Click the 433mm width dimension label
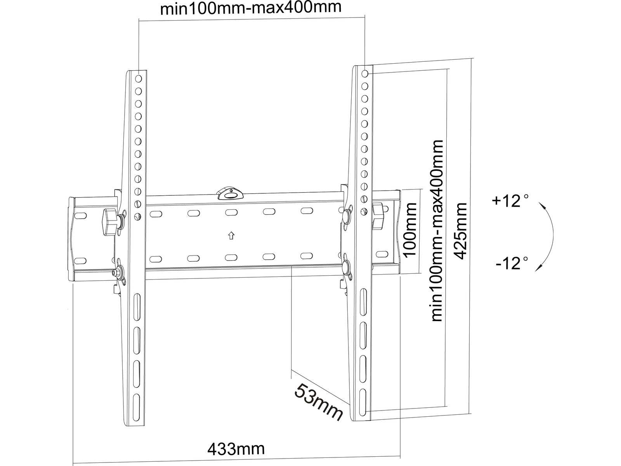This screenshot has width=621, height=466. coord(236,449)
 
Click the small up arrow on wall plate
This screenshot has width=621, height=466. coord(231,235)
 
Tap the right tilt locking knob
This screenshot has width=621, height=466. coord(378,217)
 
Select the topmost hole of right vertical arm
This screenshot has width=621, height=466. coord(364,73)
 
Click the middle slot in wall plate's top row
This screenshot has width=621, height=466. coord(231,212)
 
